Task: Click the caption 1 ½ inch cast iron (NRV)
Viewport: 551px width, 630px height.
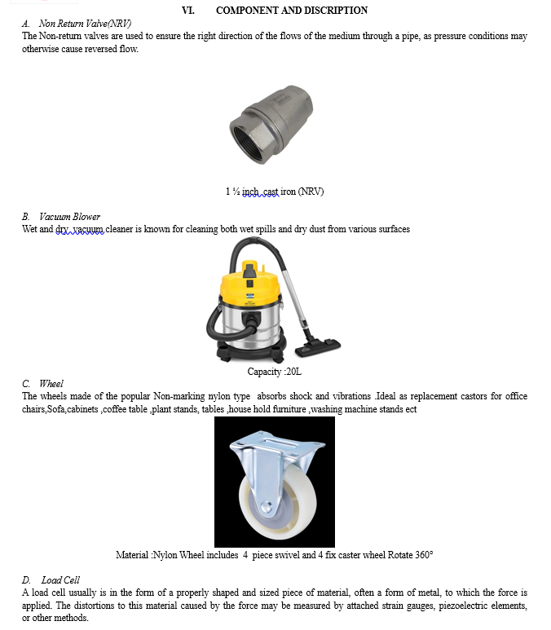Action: pos(275,192)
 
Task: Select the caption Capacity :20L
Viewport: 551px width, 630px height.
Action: pos(275,372)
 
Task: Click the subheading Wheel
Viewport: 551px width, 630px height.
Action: pos(51,384)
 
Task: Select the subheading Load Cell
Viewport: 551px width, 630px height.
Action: pos(60,580)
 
